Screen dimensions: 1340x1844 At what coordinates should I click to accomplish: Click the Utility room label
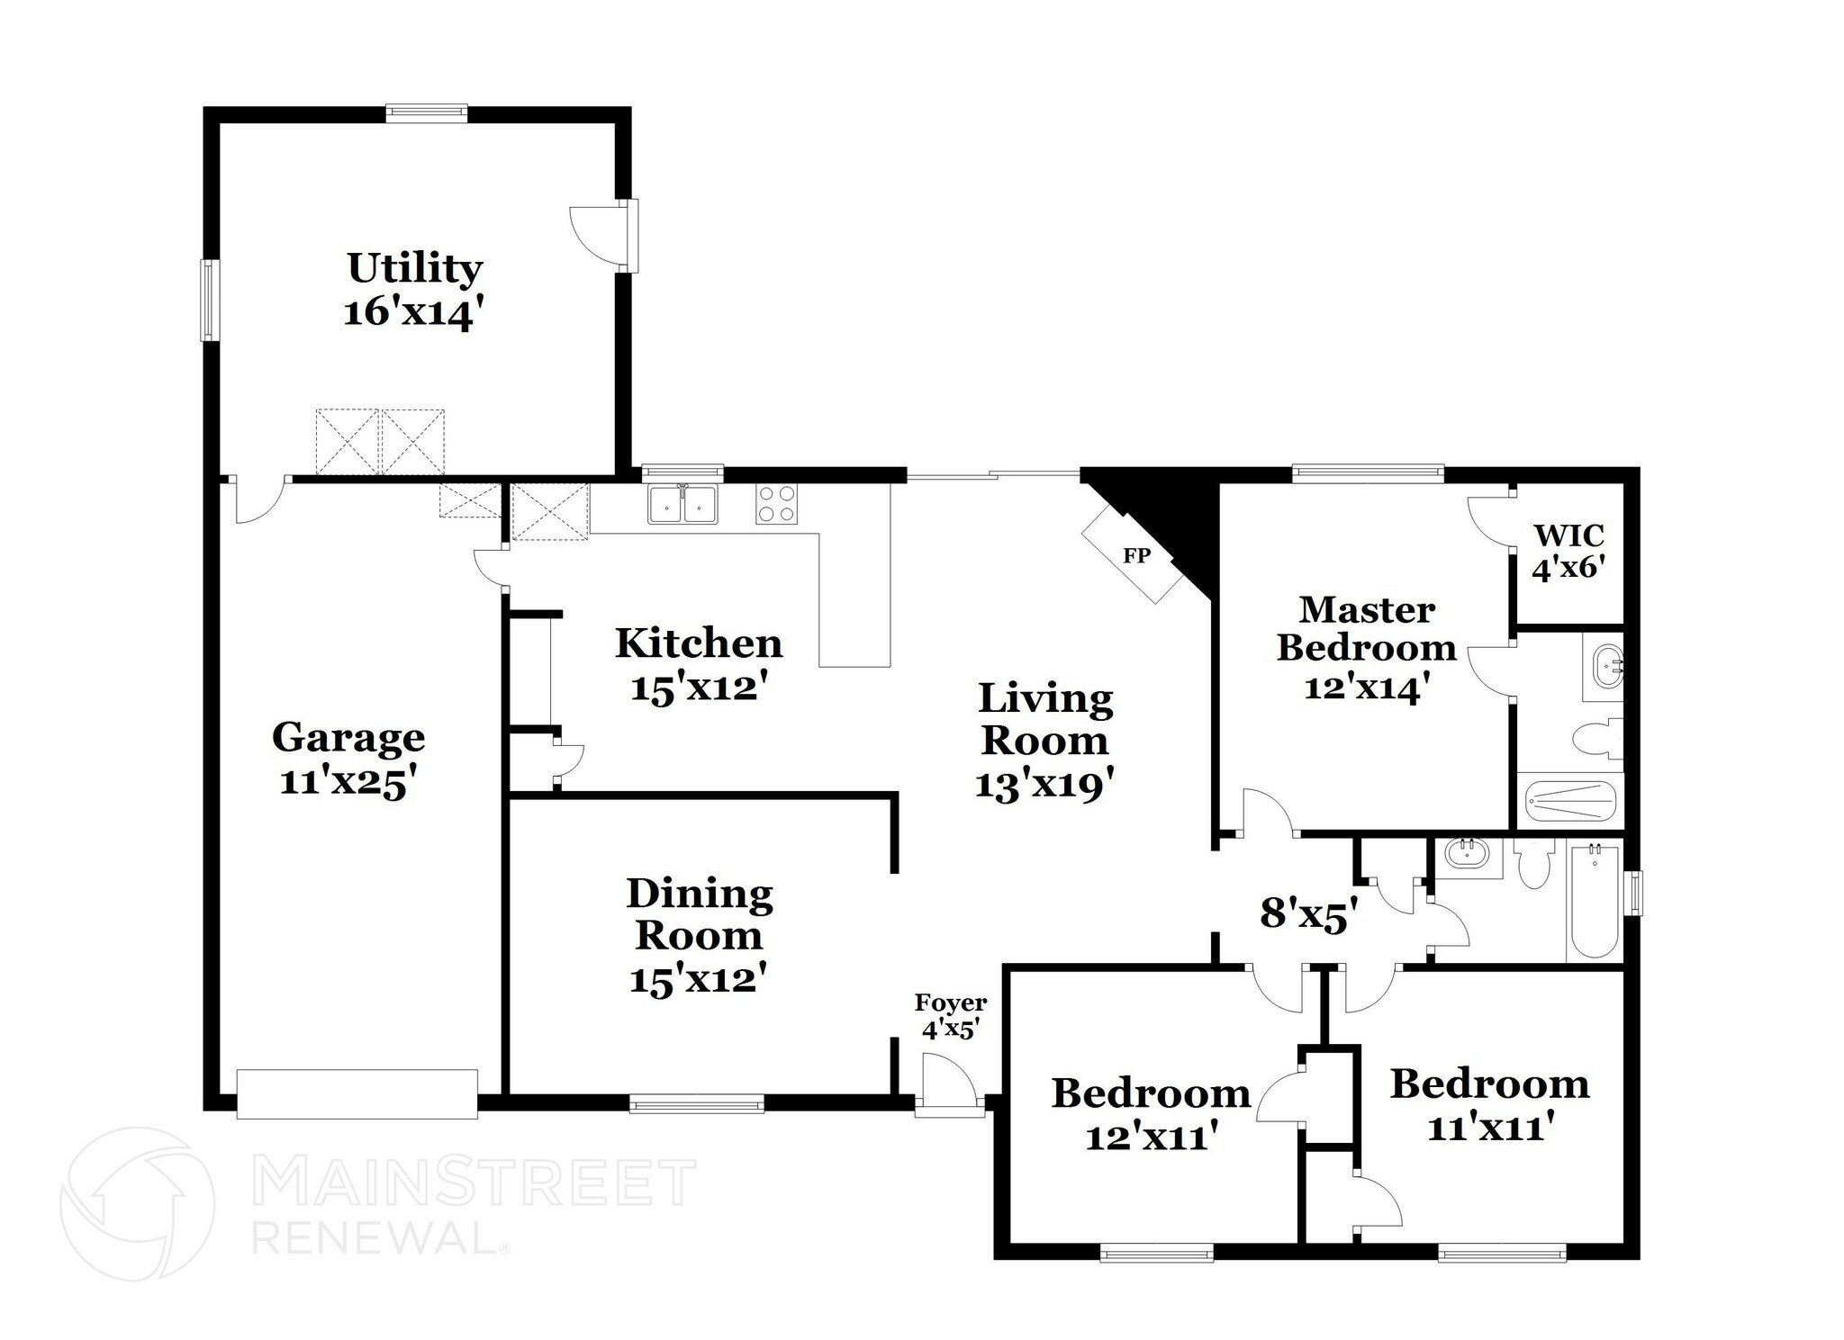414,269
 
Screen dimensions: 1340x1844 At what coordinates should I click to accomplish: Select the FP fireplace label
1136,556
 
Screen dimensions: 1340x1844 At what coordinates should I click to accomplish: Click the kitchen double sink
682,505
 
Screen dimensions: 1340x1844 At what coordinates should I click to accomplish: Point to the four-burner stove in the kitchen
776,504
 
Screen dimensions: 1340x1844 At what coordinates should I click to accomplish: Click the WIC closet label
1568,536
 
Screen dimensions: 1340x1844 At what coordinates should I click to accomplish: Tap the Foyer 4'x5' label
950,1016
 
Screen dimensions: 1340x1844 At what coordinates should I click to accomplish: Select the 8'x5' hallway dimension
1307,915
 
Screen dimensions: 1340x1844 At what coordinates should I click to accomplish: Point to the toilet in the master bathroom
1597,740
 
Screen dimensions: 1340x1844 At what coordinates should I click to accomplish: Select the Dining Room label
699,914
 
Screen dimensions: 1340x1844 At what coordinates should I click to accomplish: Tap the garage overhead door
357,1093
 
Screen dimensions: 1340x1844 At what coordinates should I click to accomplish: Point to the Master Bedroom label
1366,628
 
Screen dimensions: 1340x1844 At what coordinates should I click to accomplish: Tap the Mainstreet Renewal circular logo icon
137,1203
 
